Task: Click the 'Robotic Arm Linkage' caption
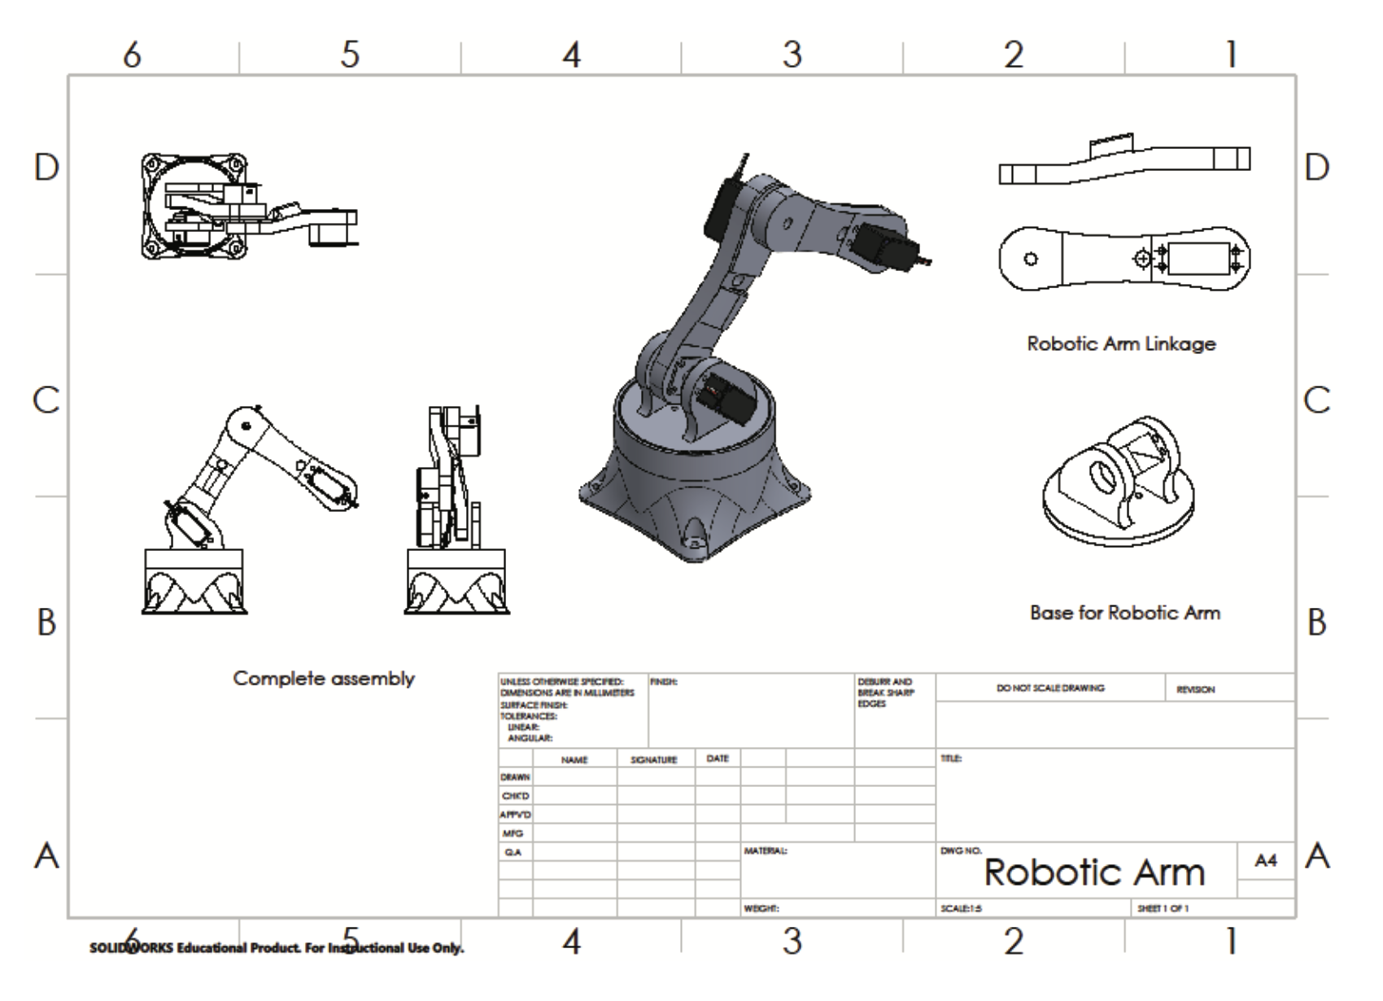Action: click(x=1121, y=343)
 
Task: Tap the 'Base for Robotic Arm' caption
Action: click(x=1124, y=613)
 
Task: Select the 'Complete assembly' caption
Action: click(x=324, y=678)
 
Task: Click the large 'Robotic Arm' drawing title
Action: click(x=1093, y=872)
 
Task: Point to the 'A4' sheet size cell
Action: click(x=1266, y=860)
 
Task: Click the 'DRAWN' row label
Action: click(x=515, y=777)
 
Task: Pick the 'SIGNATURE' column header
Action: click(x=653, y=760)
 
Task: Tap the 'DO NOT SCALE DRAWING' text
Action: click(x=1050, y=688)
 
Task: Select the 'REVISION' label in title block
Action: click(x=1195, y=689)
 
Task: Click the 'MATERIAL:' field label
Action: click(x=766, y=851)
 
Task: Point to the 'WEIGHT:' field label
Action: click(x=761, y=908)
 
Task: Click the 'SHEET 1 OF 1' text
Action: click(x=1163, y=908)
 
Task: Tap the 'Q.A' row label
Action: click(x=513, y=852)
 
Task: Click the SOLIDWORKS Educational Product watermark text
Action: click(x=277, y=948)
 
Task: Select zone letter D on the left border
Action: click(x=46, y=168)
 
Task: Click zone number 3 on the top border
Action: click(x=792, y=55)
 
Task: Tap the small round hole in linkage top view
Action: click(x=1031, y=260)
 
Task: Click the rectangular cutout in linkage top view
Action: click(x=1199, y=260)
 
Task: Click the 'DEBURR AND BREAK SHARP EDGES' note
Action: click(x=885, y=693)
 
